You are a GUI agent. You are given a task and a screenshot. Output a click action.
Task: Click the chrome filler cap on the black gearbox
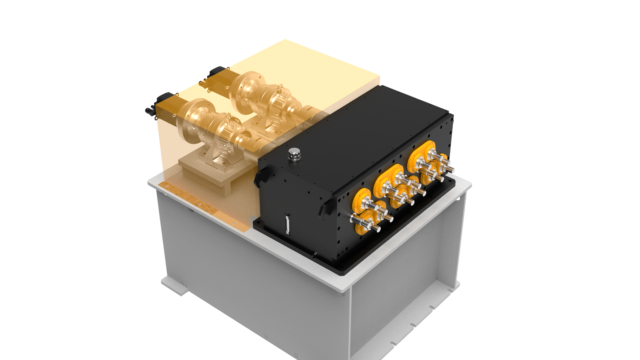(294, 153)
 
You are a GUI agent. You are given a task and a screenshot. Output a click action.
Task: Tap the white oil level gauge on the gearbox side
(287, 224)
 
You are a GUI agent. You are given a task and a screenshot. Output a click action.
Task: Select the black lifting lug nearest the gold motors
(261, 177)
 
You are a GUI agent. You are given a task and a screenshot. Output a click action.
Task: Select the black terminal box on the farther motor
(216, 72)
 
